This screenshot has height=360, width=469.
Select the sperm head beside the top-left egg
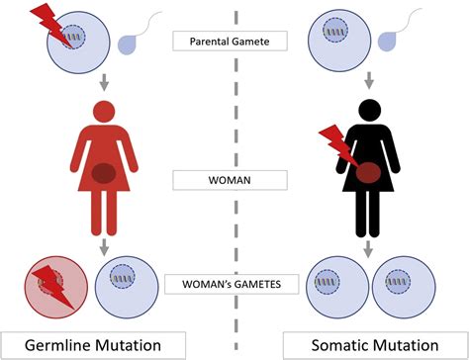[129, 43]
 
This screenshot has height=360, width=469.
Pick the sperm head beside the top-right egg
[393, 43]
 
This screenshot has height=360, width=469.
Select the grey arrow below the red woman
[103, 245]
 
